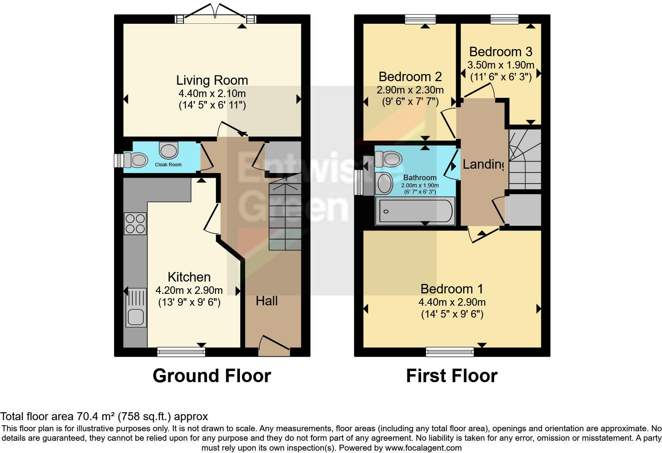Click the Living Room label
click(212, 80)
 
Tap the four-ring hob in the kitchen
click(135, 224)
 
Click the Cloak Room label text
click(168, 165)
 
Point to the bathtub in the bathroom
click(415, 211)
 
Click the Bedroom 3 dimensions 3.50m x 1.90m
click(501, 65)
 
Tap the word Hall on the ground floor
click(266, 301)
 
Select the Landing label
click(483, 164)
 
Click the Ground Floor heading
click(212, 376)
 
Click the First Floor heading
click(451, 376)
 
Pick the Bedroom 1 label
click(452, 289)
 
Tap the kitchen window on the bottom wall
click(181, 352)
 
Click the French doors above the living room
click(216, 16)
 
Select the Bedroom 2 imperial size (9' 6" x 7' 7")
click(410, 102)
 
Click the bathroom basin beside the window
click(383, 183)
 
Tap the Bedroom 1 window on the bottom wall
click(450, 352)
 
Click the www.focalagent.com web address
click(423, 448)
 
